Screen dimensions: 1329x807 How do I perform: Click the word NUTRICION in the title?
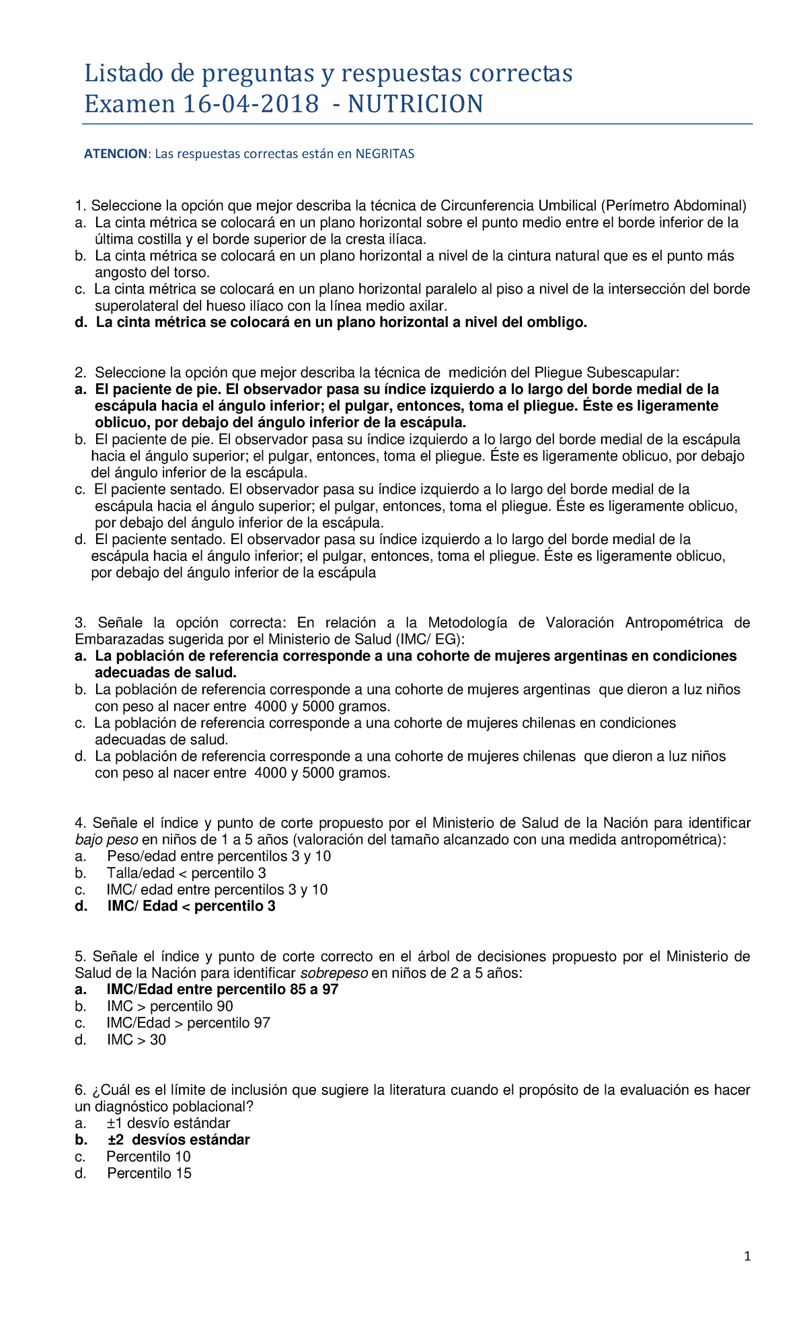tap(415, 104)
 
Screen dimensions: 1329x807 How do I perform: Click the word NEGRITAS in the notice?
tap(385, 154)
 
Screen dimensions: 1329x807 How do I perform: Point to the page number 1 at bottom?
tap(747, 1256)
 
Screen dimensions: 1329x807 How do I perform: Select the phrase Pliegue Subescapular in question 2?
tap(611, 373)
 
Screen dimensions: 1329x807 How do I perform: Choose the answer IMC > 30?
tap(136, 1040)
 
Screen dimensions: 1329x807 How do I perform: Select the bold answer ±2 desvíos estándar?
tap(178, 1140)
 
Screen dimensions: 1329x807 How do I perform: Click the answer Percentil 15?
tap(149, 1173)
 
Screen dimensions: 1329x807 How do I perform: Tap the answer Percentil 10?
tap(148, 1157)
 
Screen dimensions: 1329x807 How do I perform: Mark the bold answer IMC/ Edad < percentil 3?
tap(191, 906)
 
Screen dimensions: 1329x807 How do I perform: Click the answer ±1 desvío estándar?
tap(168, 1123)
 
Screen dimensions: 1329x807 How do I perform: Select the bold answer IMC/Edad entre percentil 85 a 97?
tap(222, 989)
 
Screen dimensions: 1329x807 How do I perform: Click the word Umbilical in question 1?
tap(568, 206)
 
